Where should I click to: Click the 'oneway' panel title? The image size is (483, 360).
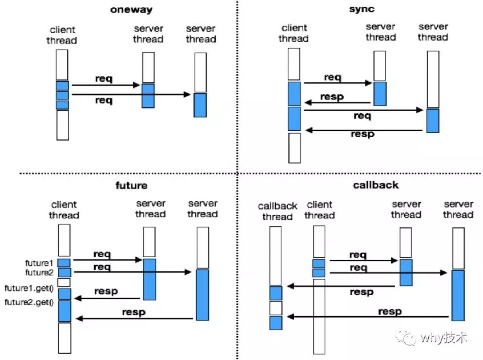click(131, 10)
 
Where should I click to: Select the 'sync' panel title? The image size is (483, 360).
click(361, 9)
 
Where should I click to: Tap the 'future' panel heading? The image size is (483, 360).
click(131, 185)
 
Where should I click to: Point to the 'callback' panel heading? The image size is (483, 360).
click(376, 185)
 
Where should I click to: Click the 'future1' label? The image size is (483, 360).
click(39, 263)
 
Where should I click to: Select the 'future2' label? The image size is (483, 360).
click(39, 273)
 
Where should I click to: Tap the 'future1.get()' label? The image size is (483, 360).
click(29, 288)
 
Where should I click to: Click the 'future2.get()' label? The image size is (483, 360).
click(29, 302)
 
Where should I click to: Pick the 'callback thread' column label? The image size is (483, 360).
click(277, 211)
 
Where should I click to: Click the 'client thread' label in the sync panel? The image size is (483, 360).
click(294, 33)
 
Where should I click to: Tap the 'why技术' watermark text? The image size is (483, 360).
click(444, 338)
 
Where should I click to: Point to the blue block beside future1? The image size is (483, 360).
click(64, 263)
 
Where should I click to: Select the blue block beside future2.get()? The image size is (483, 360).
click(65, 311)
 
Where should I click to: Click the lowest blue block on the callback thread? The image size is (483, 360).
click(276, 323)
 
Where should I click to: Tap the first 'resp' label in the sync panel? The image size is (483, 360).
click(332, 97)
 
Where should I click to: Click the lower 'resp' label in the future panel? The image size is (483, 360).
click(134, 312)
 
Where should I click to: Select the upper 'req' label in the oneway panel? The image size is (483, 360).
click(104, 79)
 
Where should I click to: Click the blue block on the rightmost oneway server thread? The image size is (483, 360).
click(200, 105)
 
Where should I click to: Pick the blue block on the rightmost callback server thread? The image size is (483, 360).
click(458, 295)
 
